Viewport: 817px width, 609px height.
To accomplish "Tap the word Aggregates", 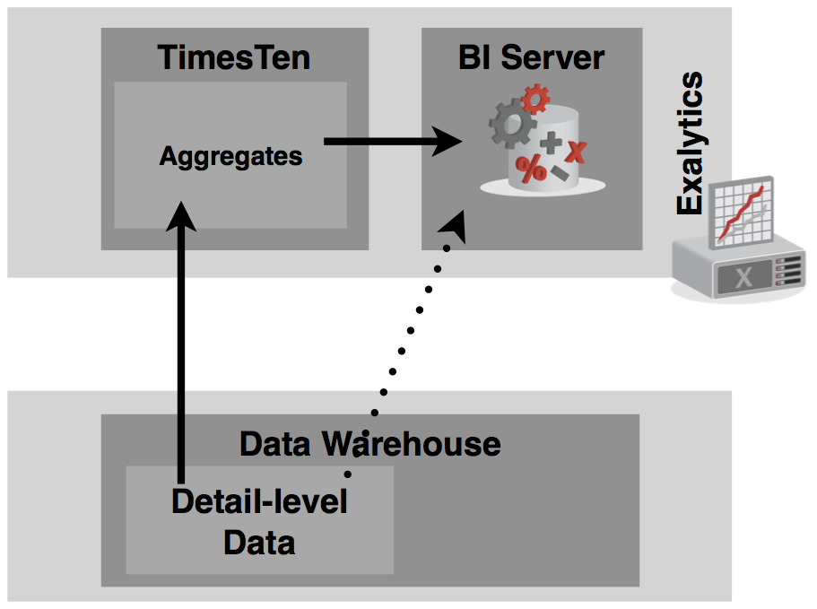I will point(231,156).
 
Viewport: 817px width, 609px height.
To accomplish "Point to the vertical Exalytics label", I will point(689,144).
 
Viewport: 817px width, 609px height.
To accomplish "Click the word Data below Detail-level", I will point(259,542).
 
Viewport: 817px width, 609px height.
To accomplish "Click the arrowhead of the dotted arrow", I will point(456,225).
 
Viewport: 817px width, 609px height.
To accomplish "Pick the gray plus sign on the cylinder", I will point(551,143).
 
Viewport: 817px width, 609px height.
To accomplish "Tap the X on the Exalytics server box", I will point(743,277).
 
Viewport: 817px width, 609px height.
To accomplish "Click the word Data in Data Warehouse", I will point(276,443).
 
